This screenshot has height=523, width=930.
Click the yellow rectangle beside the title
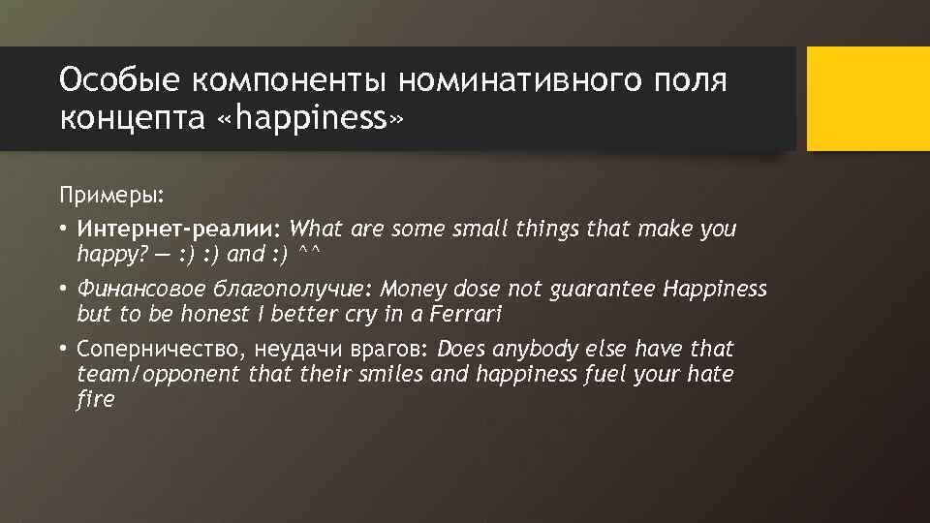pos(868,99)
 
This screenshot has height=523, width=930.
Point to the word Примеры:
pos(111,196)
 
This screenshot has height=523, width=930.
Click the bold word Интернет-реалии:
pos(179,230)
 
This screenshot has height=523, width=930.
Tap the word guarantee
pos(604,289)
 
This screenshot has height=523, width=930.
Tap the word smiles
pos(391,374)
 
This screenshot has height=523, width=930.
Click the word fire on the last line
pos(95,398)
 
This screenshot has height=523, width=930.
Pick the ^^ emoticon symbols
pos(310,255)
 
